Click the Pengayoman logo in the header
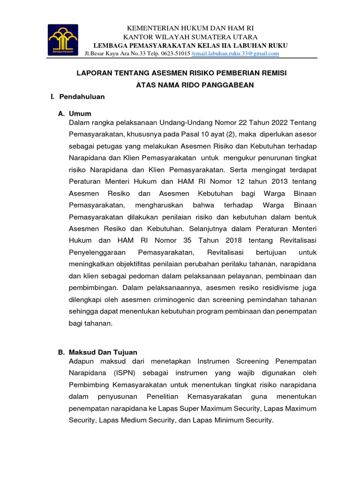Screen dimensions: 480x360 click(63, 40)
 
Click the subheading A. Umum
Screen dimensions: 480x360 click(75, 113)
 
